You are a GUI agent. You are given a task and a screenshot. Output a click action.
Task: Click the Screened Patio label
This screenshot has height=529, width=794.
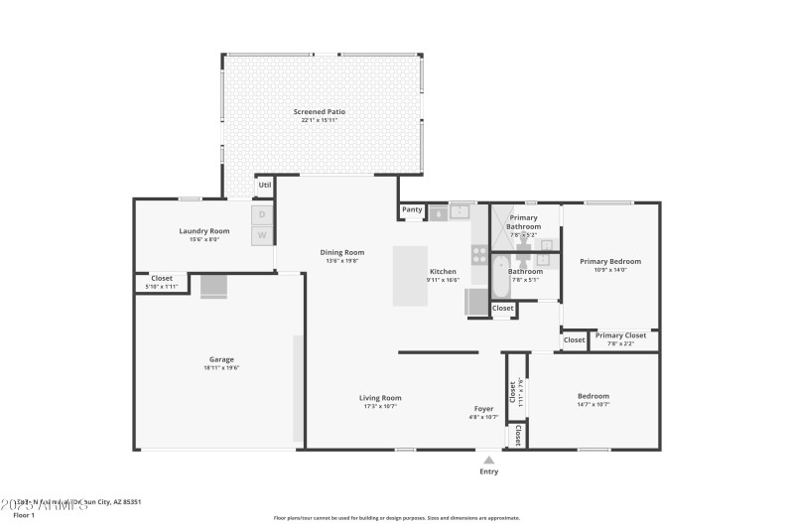pyautogui.click(x=320, y=112)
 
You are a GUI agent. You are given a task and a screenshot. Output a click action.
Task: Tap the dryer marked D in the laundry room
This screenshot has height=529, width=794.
pyautogui.click(x=262, y=214)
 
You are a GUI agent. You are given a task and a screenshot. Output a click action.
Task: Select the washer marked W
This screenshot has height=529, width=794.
pyautogui.click(x=262, y=235)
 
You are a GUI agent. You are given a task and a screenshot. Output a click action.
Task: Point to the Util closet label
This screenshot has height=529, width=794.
pyautogui.click(x=264, y=185)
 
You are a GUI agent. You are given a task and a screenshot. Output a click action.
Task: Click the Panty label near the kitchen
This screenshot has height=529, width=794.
pyautogui.click(x=412, y=209)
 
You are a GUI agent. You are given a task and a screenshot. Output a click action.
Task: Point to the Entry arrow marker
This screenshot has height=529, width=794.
pyautogui.click(x=488, y=460)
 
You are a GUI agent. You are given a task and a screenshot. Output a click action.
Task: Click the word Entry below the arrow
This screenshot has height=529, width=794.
pyautogui.click(x=488, y=471)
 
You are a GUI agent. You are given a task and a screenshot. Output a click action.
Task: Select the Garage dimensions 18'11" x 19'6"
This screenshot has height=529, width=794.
pyautogui.click(x=221, y=368)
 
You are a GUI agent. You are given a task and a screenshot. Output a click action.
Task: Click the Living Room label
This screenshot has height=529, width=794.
pyautogui.click(x=380, y=398)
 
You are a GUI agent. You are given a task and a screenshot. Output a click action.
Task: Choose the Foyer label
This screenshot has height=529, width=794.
pyautogui.click(x=483, y=408)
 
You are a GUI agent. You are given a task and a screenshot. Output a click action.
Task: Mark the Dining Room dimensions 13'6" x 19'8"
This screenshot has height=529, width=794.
pyautogui.click(x=342, y=261)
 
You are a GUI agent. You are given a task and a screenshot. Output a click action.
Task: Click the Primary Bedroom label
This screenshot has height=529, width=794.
pyautogui.click(x=610, y=261)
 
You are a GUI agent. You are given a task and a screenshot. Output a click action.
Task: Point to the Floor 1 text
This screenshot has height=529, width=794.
pyautogui.click(x=24, y=515)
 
